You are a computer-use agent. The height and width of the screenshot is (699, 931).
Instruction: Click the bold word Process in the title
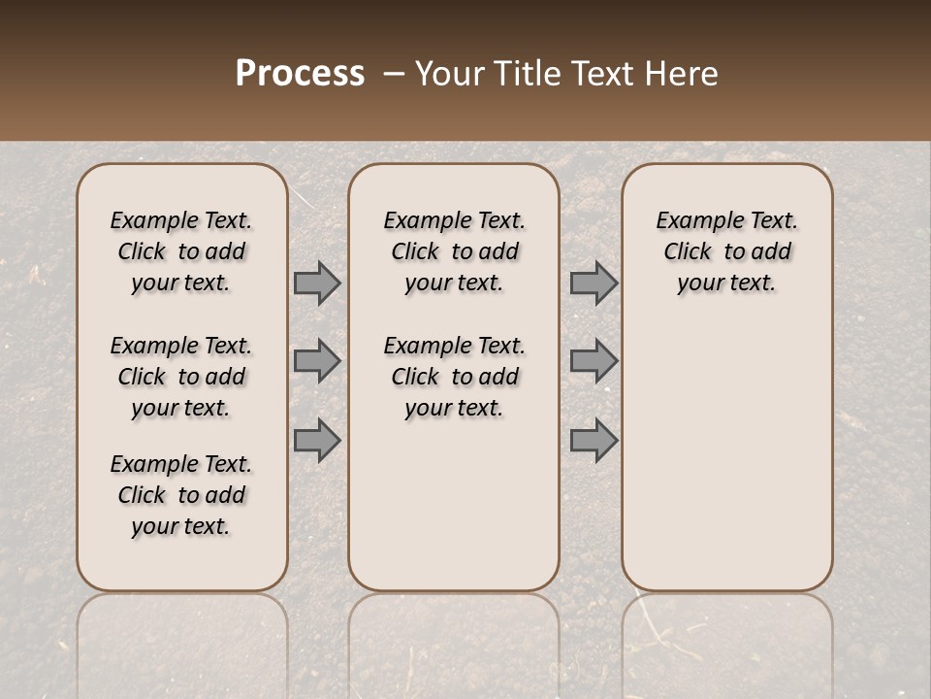tap(300, 74)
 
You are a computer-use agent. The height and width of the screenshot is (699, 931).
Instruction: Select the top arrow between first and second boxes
tap(317, 283)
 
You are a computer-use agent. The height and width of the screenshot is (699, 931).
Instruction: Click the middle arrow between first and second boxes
tap(317, 361)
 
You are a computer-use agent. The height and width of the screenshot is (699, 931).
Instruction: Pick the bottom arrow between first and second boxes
tap(317, 441)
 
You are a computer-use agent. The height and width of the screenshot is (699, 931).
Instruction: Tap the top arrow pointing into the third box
tap(594, 283)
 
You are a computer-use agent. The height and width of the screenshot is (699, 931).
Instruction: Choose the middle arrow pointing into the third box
tap(594, 361)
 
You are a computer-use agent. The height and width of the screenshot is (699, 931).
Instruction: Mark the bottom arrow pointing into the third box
tap(594, 441)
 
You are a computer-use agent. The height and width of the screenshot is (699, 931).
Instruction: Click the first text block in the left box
tap(181, 251)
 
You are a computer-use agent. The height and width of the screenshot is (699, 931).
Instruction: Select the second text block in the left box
tap(181, 377)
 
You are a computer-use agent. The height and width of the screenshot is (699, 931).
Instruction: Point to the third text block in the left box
tap(181, 495)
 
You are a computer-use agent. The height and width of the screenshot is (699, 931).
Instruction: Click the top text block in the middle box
tap(454, 251)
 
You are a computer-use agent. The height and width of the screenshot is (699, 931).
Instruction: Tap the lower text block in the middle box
tap(454, 377)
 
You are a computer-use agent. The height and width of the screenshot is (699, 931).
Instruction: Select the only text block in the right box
tap(726, 251)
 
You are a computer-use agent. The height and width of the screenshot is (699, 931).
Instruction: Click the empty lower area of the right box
tap(726, 456)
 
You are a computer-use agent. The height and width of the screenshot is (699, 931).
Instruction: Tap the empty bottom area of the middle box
tap(454, 515)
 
